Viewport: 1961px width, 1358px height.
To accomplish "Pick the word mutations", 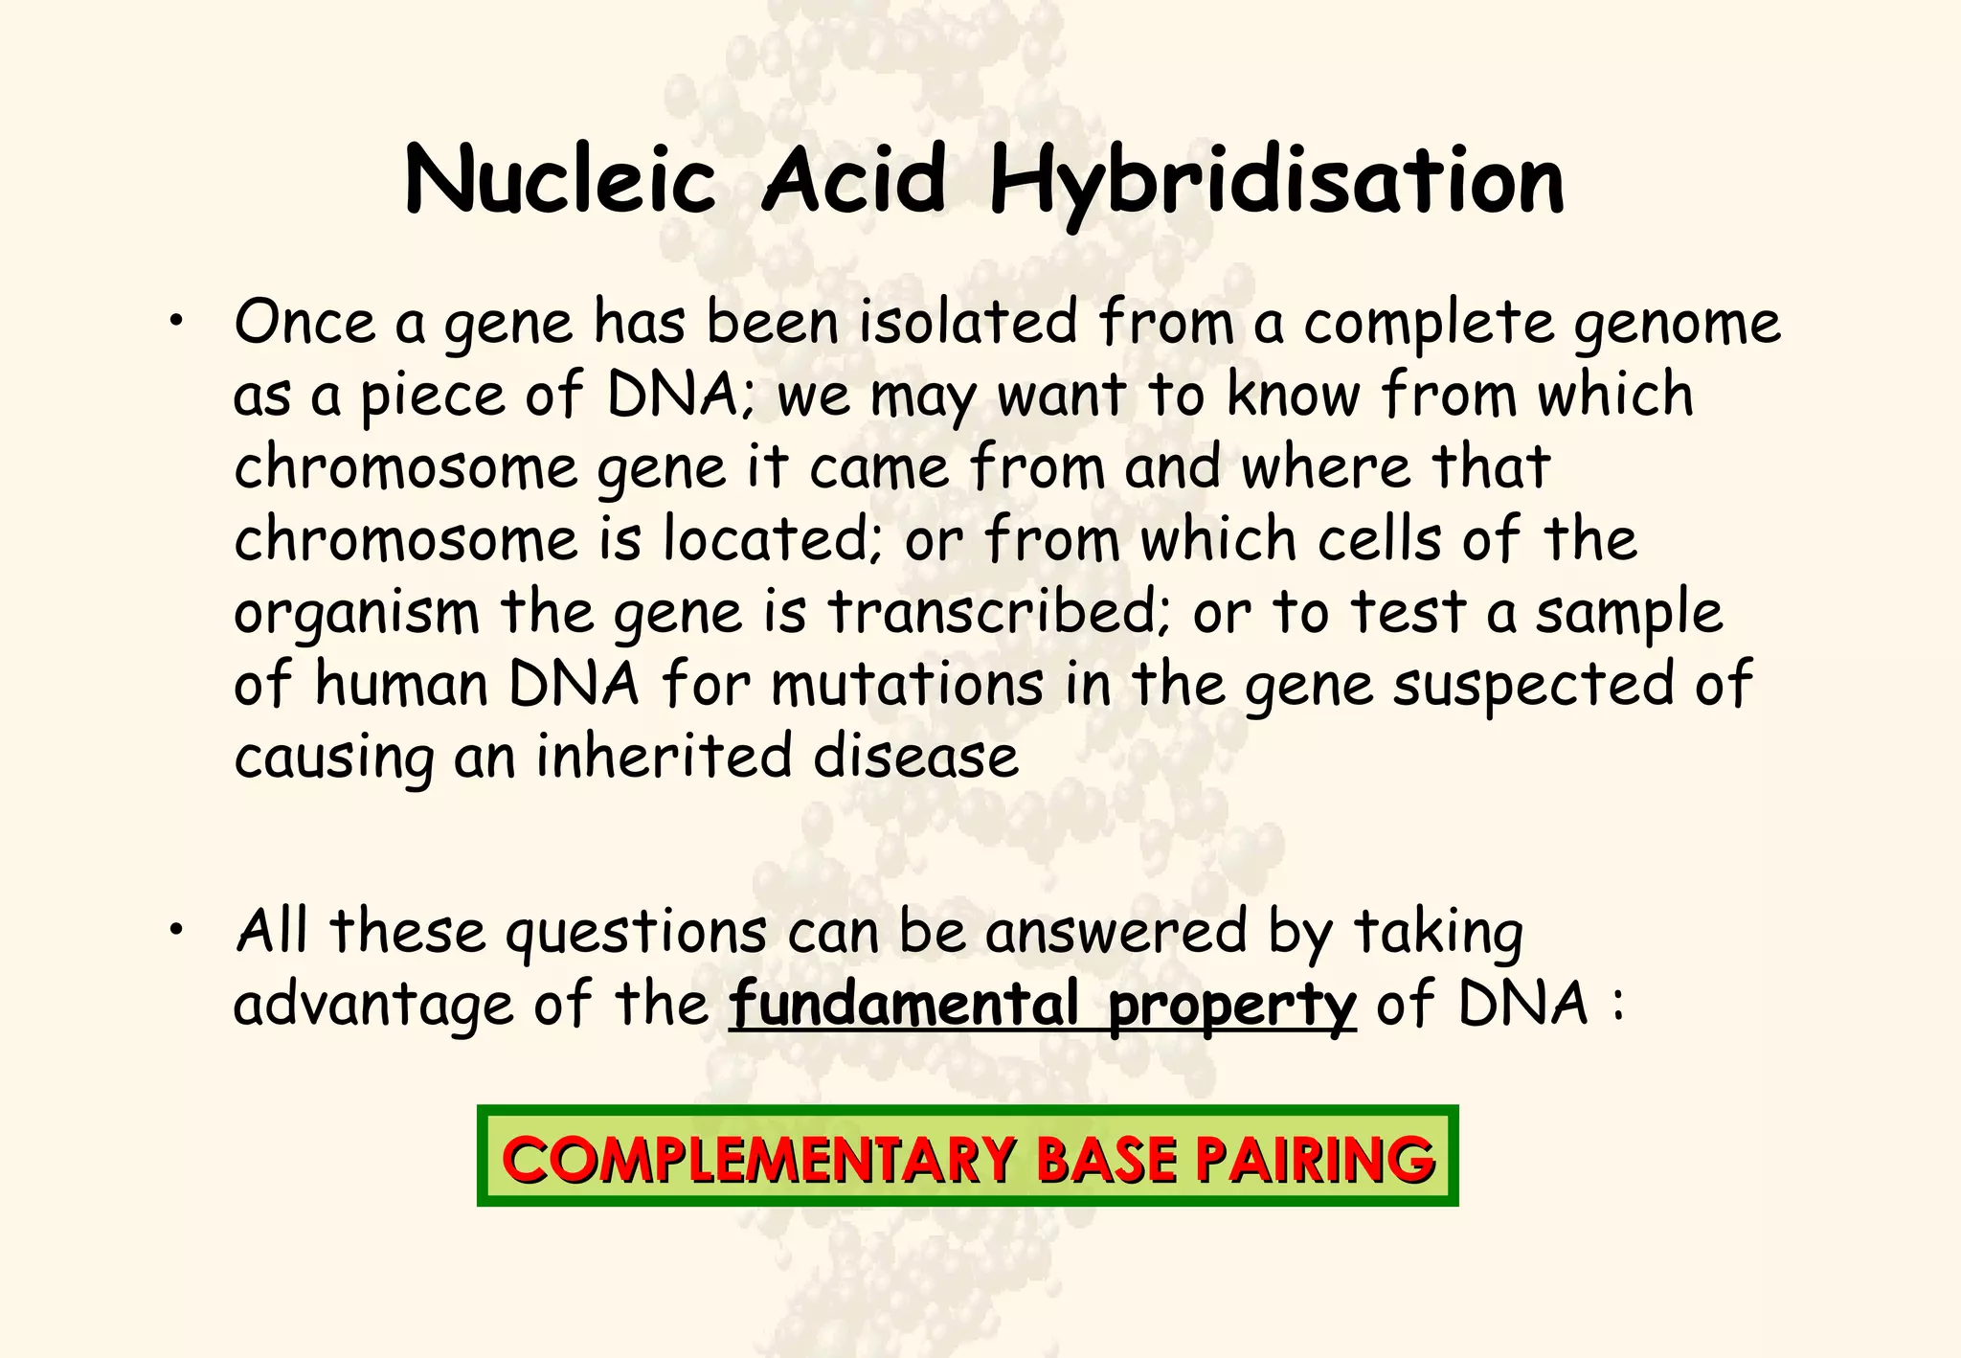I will coord(907,685).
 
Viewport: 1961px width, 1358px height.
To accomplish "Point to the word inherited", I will coord(663,757).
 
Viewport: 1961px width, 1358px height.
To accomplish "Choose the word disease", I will coord(915,757).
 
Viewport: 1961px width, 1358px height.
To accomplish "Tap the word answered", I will coord(1116,932).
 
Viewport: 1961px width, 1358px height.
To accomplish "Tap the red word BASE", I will coord(1106,1159).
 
